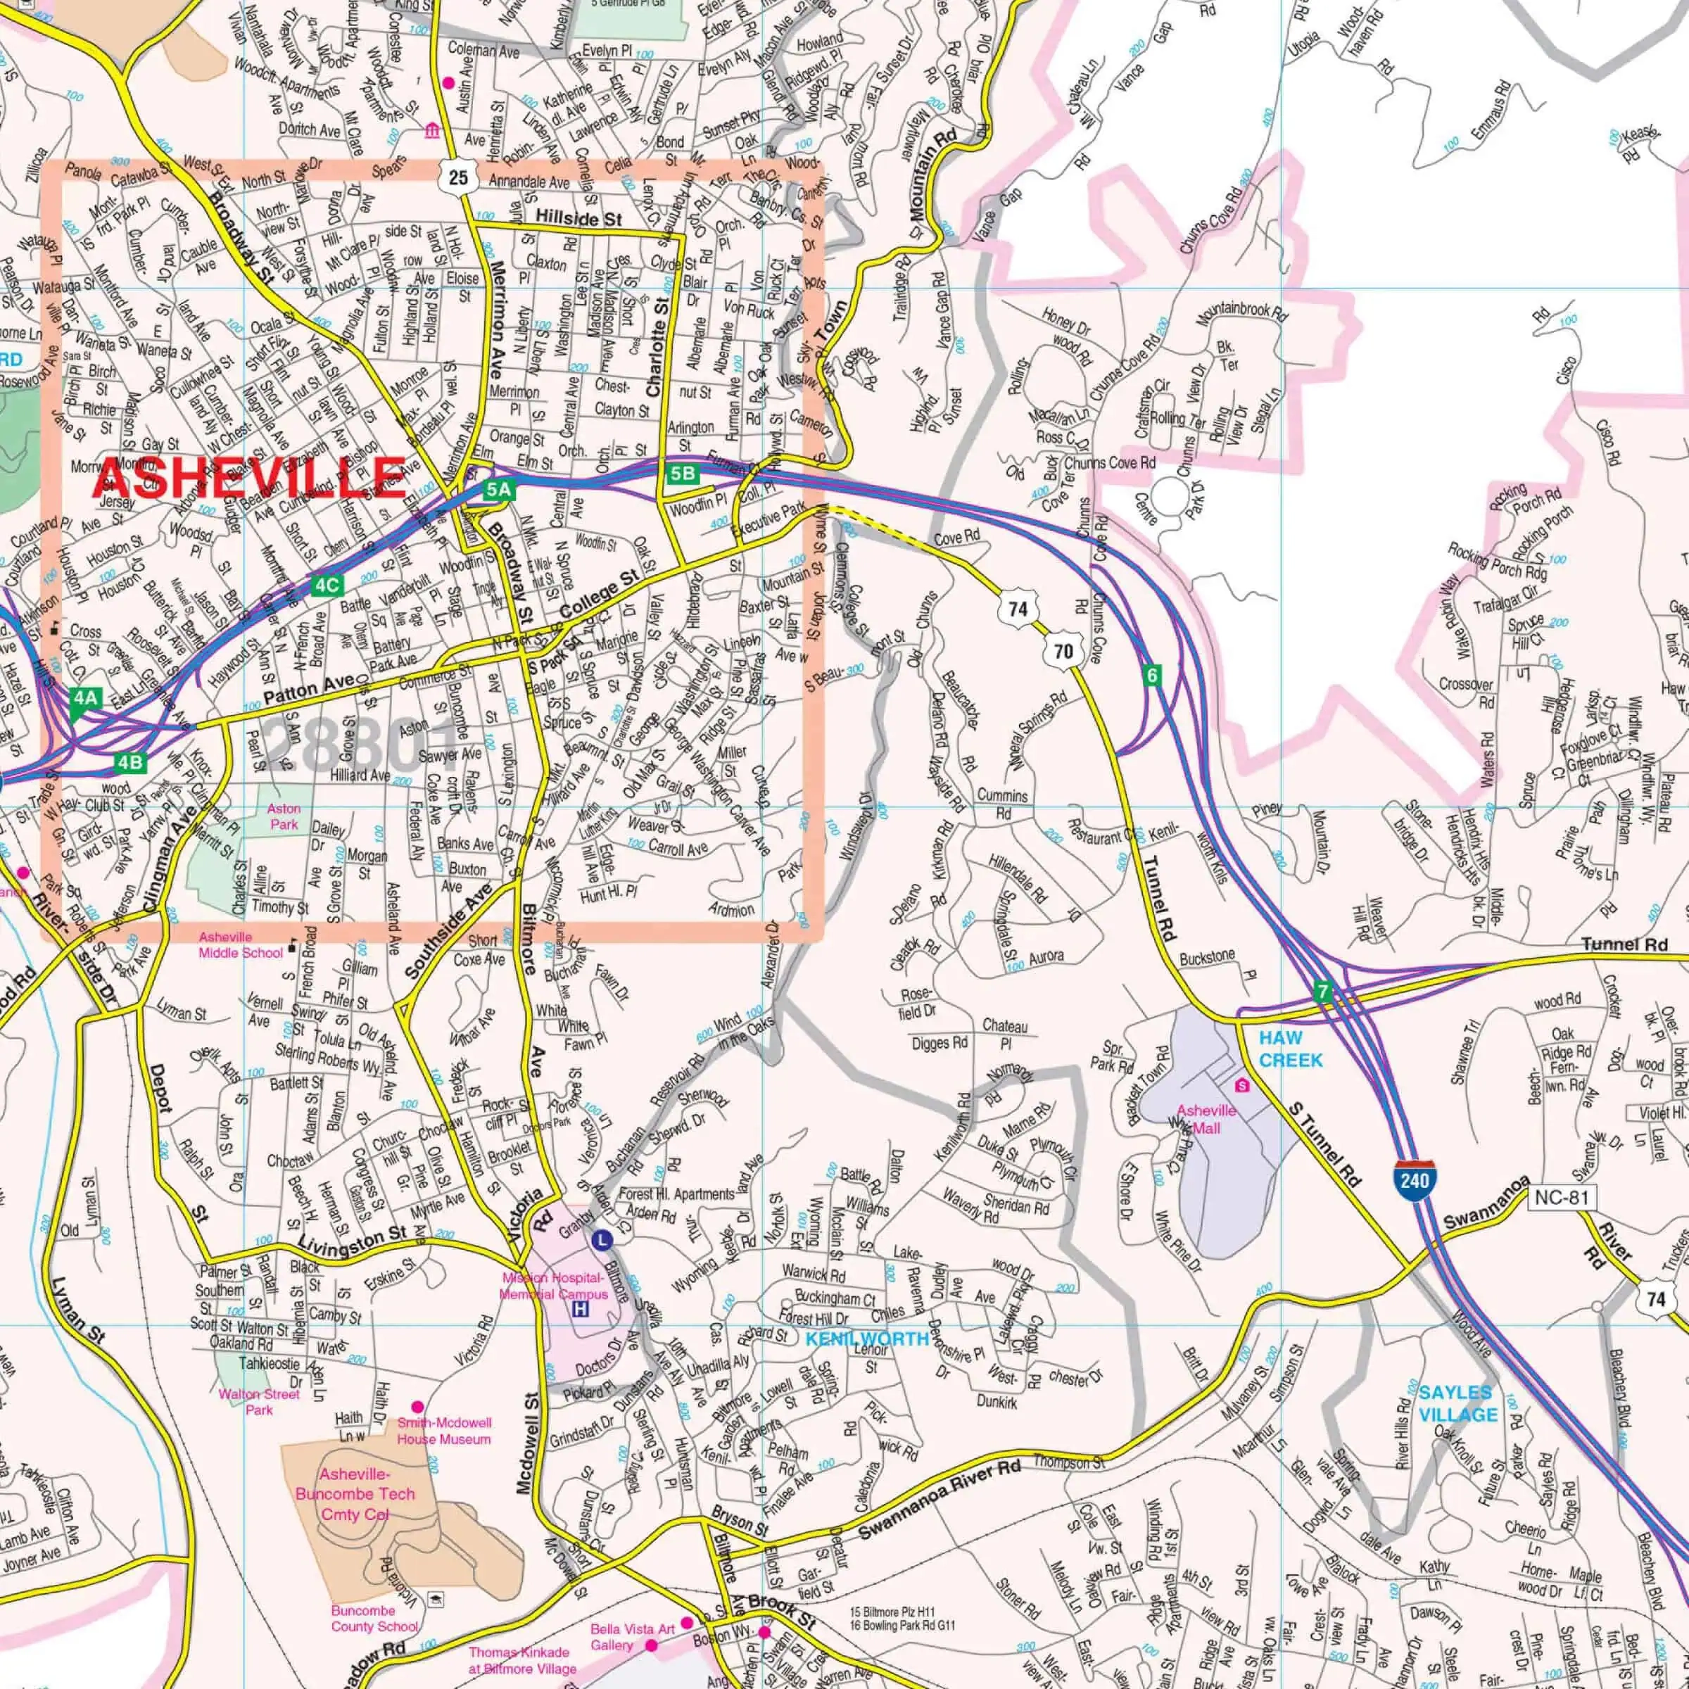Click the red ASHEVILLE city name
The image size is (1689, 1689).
(250, 477)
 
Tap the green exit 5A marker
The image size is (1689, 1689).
(498, 490)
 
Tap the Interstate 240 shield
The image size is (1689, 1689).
(1415, 1179)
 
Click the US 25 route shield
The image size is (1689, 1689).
(458, 177)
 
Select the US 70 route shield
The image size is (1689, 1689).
(1063, 650)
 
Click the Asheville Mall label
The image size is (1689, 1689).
(1206, 1119)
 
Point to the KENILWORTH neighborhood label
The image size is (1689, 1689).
(866, 1339)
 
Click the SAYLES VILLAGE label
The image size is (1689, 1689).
(1457, 1403)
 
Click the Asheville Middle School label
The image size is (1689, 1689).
(241, 944)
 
